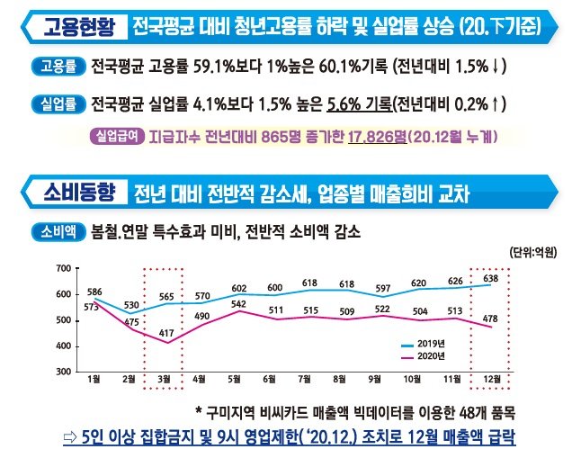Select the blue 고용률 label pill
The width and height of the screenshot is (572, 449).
(x=58, y=67)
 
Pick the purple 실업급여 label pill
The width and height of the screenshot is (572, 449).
(x=116, y=138)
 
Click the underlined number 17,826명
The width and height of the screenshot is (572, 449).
(x=371, y=138)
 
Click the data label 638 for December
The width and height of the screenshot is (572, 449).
(x=492, y=278)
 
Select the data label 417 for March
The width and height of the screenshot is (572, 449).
(x=165, y=334)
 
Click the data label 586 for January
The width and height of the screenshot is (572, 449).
(x=94, y=292)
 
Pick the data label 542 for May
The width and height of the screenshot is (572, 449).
(x=238, y=303)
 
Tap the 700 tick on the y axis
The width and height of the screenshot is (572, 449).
(x=62, y=269)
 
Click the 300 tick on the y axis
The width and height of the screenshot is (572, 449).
(x=62, y=371)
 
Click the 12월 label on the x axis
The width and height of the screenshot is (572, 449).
(x=492, y=379)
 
